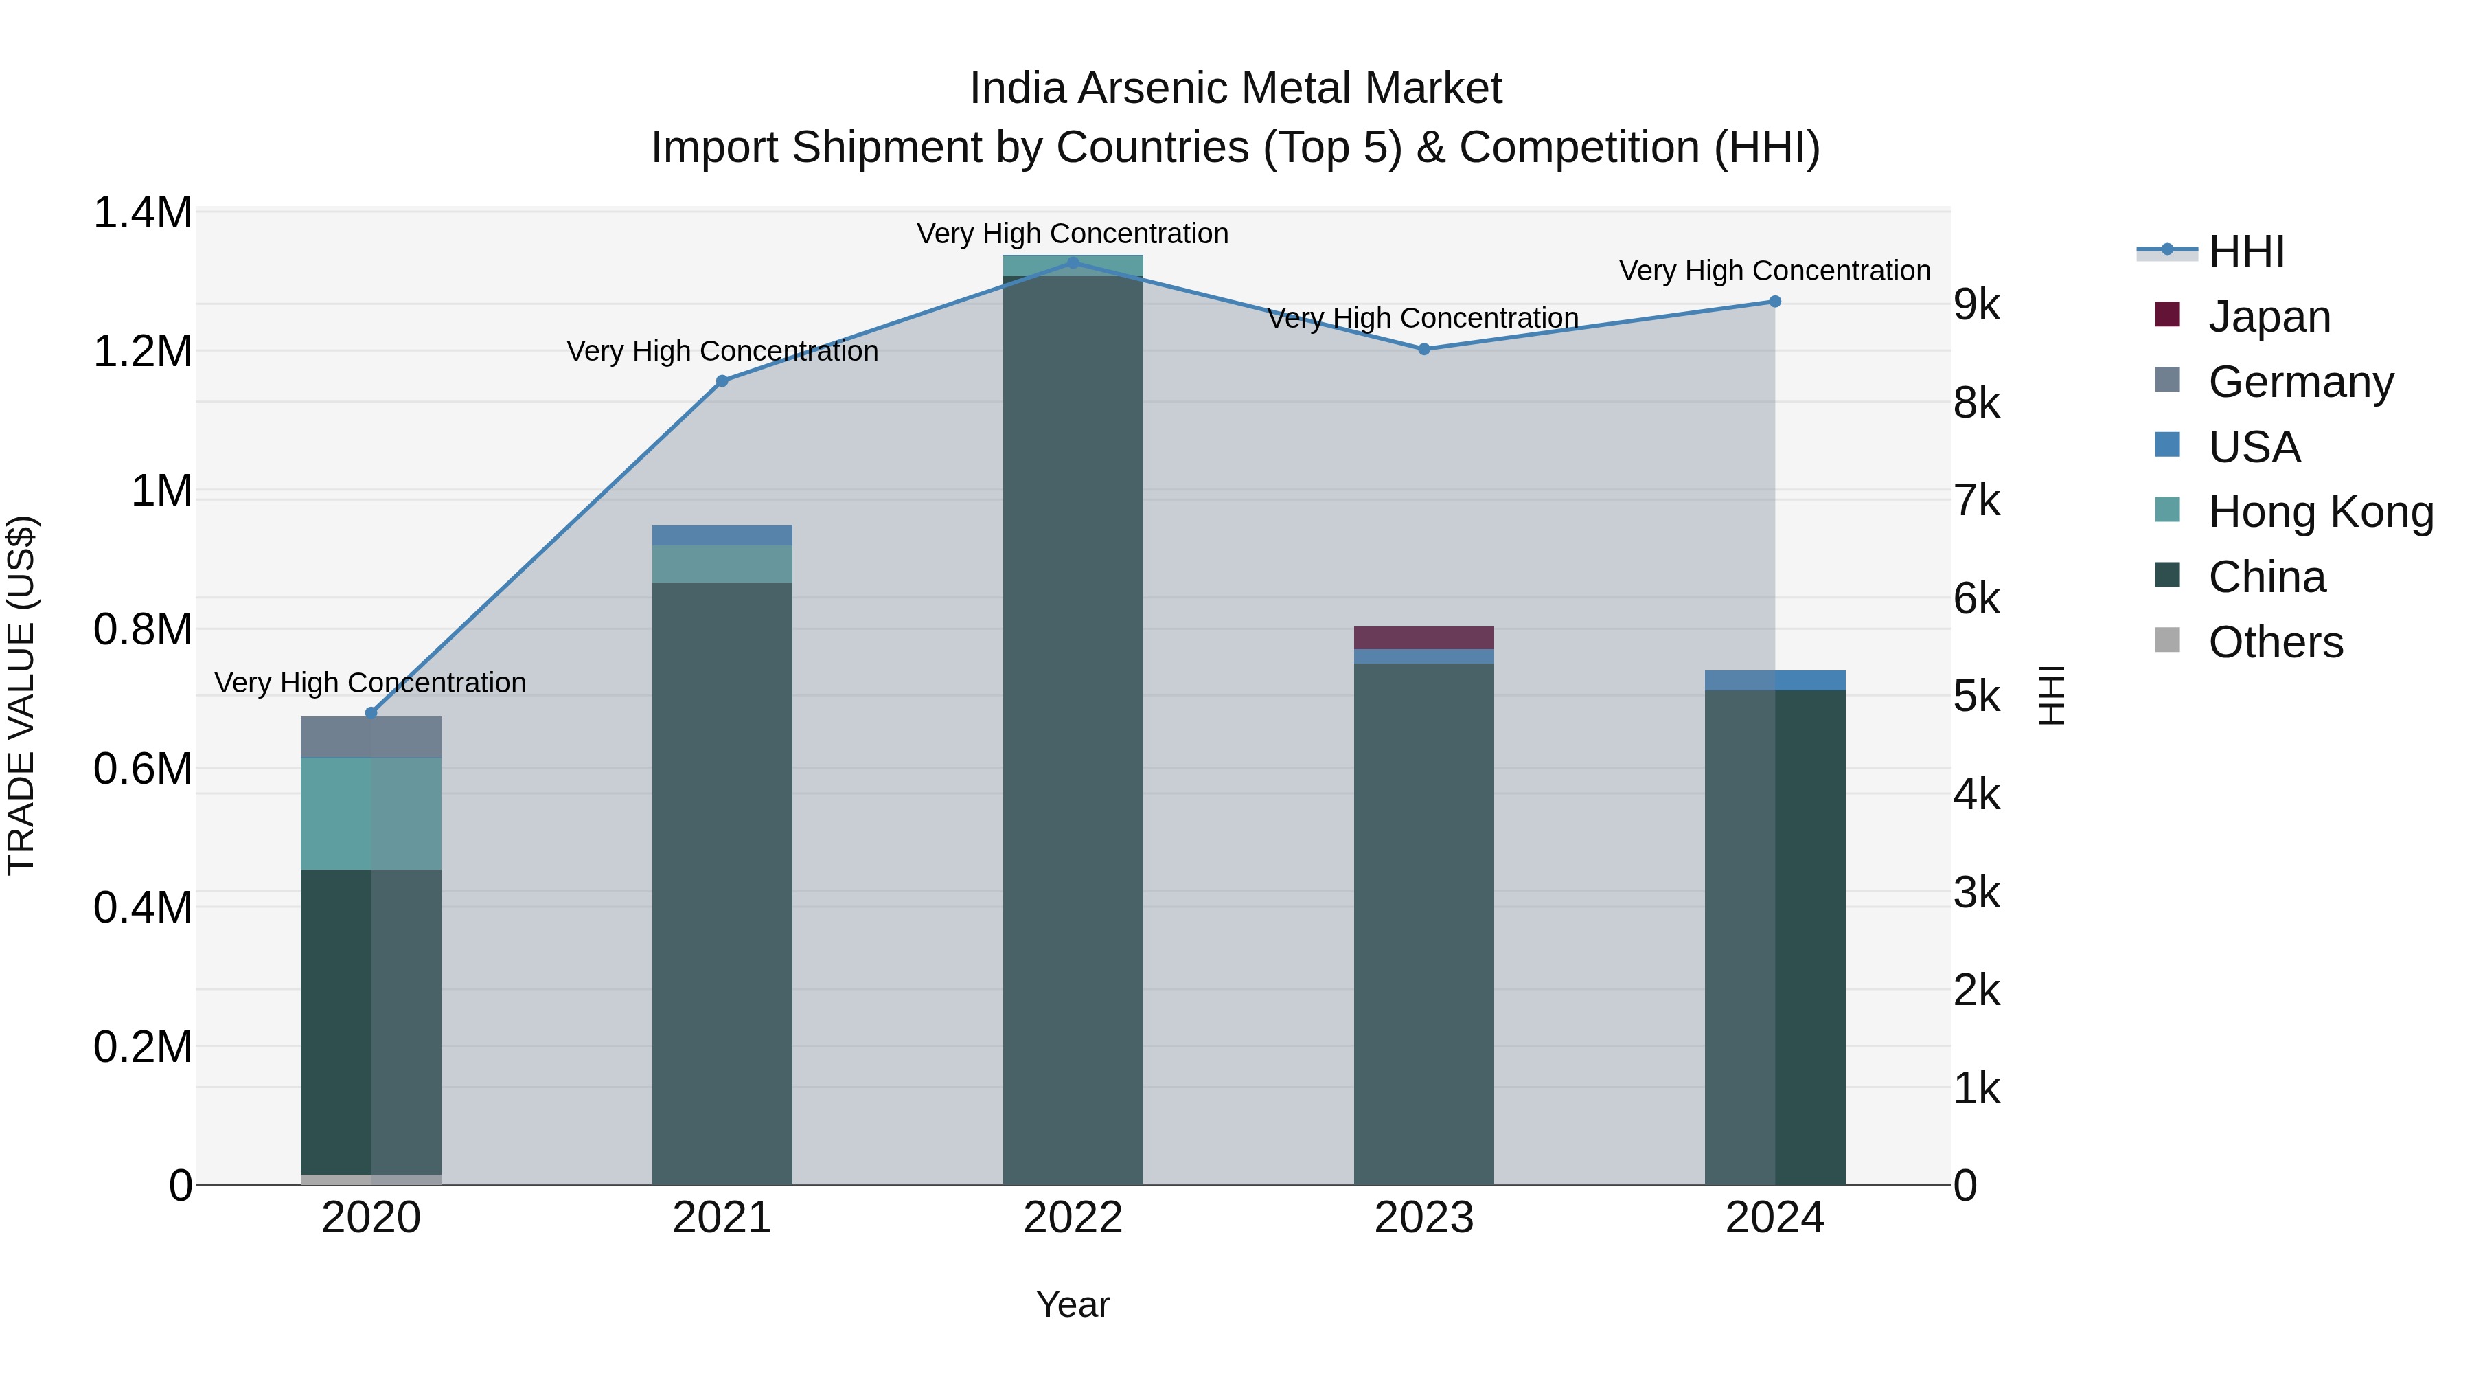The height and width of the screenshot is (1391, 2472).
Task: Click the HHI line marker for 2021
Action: [x=722, y=381]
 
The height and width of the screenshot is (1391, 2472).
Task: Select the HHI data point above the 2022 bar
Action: [x=1073, y=262]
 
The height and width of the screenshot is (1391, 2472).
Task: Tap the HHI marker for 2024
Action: [x=1774, y=302]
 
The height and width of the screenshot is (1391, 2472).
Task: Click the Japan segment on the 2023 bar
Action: [x=1423, y=637]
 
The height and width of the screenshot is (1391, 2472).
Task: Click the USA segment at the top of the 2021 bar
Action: [x=722, y=534]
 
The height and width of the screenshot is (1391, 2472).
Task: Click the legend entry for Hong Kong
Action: [x=2320, y=512]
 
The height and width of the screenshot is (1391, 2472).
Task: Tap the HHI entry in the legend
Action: [x=2245, y=251]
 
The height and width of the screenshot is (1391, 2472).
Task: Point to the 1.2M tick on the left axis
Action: [x=142, y=351]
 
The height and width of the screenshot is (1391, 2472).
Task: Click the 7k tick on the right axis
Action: [x=1977, y=501]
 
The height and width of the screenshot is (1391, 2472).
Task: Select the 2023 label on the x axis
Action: [x=1423, y=1218]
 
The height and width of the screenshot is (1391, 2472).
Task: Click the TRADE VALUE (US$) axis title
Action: [x=21, y=695]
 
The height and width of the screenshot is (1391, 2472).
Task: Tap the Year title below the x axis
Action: [x=1073, y=1304]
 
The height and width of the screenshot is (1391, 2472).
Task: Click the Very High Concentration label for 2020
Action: [x=370, y=683]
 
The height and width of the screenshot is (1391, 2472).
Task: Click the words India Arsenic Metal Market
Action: [x=1235, y=89]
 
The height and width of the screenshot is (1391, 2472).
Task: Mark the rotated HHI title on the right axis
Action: [x=2050, y=695]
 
